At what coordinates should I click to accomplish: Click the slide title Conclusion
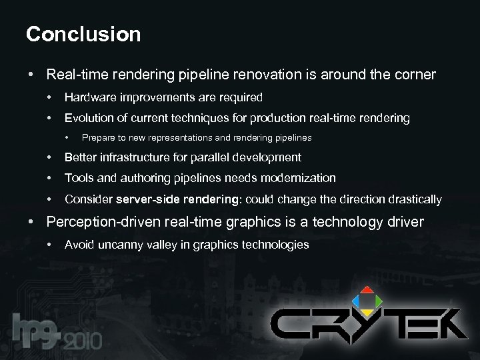(x=83, y=34)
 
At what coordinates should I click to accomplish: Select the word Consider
(x=88, y=199)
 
